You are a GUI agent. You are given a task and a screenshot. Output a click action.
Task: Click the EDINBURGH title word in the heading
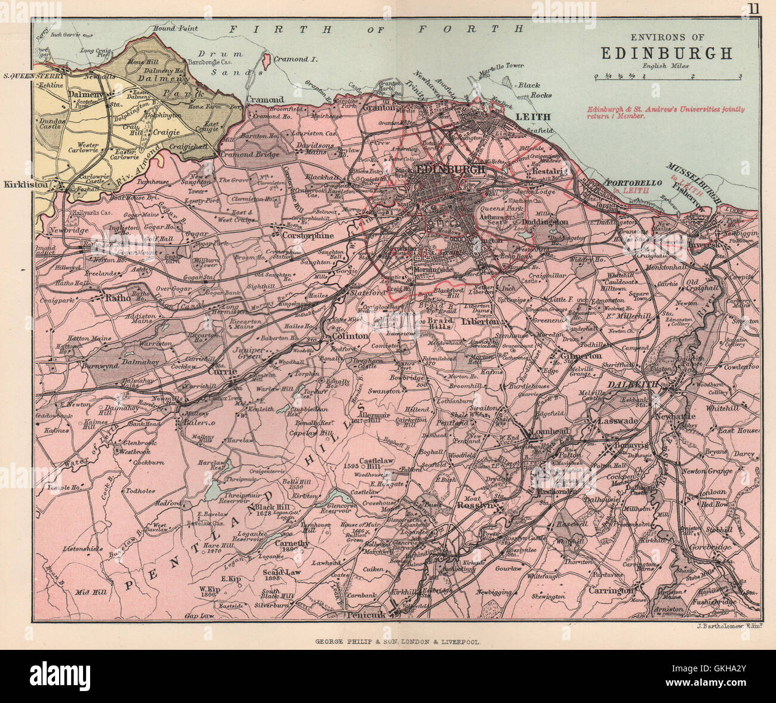point(666,53)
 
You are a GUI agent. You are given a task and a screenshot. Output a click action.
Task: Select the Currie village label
point(222,371)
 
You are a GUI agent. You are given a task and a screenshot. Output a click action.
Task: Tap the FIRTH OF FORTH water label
point(377,28)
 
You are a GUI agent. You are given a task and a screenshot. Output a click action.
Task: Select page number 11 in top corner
point(754,8)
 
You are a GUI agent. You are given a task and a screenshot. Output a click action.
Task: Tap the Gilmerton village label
point(581,356)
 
